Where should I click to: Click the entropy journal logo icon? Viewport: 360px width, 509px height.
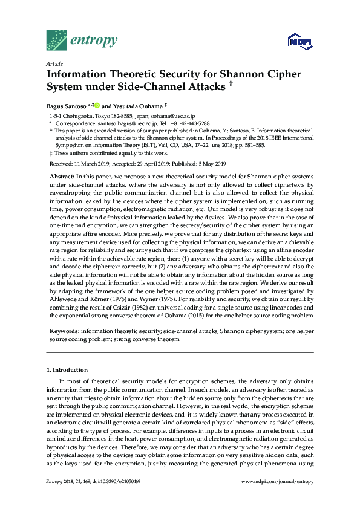(x=58, y=39)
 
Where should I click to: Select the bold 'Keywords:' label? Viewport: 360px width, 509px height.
(x=64, y=332)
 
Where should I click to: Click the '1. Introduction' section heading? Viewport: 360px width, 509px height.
(x=67, y=369)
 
